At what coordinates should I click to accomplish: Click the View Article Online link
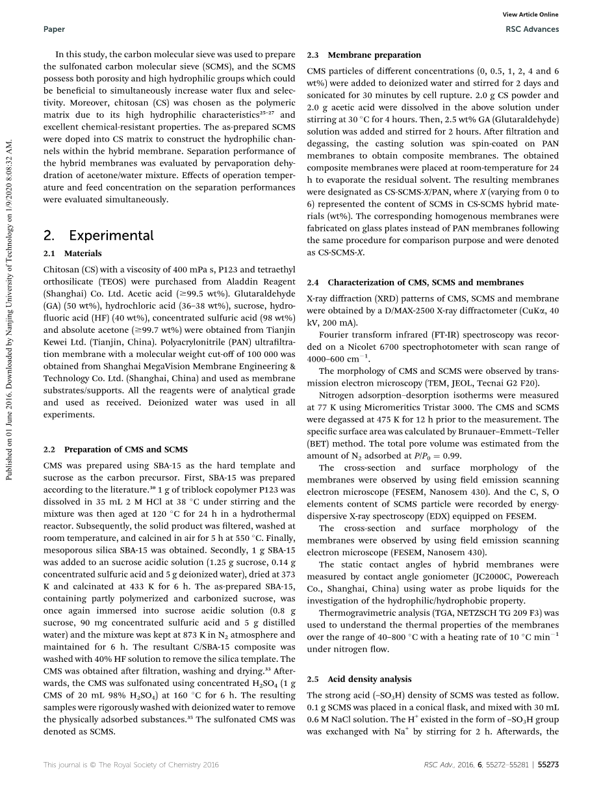coord(531,15)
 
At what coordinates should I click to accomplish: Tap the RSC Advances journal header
coord(531,29)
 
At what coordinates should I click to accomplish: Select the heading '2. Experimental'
coord(98,235)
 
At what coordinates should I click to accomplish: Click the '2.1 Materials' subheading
coord(72,254)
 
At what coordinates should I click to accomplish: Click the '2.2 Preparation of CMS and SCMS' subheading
coord(115,449)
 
